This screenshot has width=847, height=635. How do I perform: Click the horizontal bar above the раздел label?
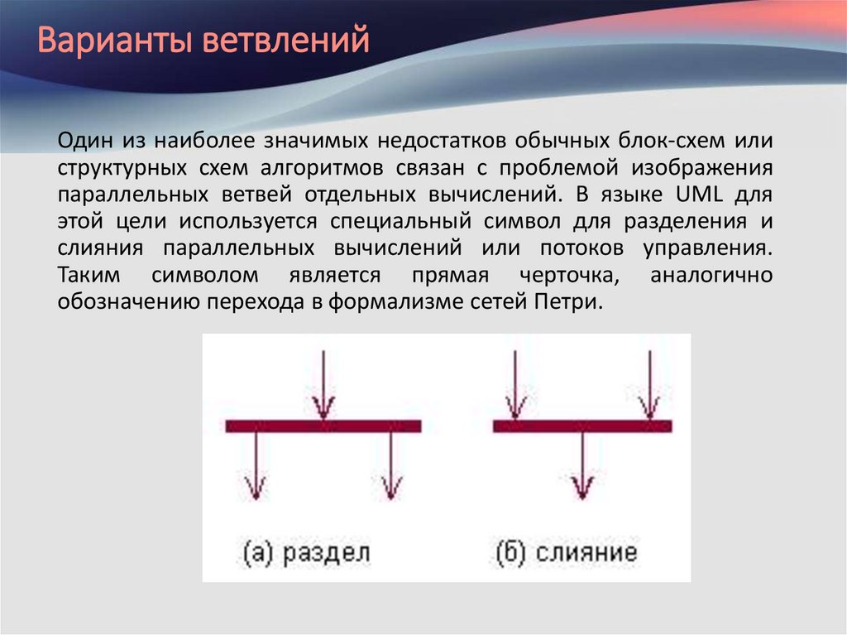pyautogui.click(x=323, y=426)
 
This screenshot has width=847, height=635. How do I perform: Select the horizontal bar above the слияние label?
pyautogui.click(x=582, y=426)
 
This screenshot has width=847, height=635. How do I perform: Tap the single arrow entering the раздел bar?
pyautogui.click(x=323, y=385)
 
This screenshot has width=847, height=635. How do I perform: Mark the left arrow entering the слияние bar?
pyautogui.click(x=514, y=385)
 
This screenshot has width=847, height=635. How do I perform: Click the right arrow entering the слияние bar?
pyautogui.click(x=649, y=385)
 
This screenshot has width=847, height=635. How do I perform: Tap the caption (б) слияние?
pyautogui.click(x=567, y=552)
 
